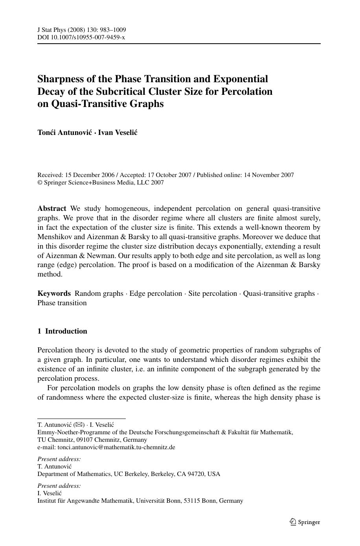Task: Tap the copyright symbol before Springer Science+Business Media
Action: (40, 183)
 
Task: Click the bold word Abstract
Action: (52, 208)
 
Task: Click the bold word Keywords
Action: (54, 293)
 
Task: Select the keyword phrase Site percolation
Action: (213, 293)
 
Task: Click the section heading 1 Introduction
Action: (62, 331)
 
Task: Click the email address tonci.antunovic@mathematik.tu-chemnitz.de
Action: (116, 447)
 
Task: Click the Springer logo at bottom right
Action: (305, 522)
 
